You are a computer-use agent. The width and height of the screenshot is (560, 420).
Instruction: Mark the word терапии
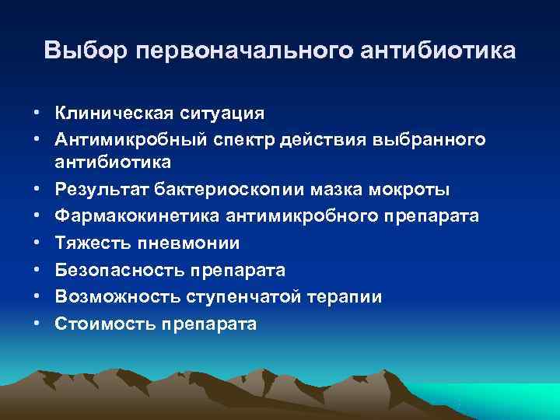[x=345, y=297]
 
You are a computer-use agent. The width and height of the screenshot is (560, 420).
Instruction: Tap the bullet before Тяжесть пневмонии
[x=37, y=243]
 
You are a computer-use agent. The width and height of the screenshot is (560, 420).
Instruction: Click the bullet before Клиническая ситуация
[x=37, y=113]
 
